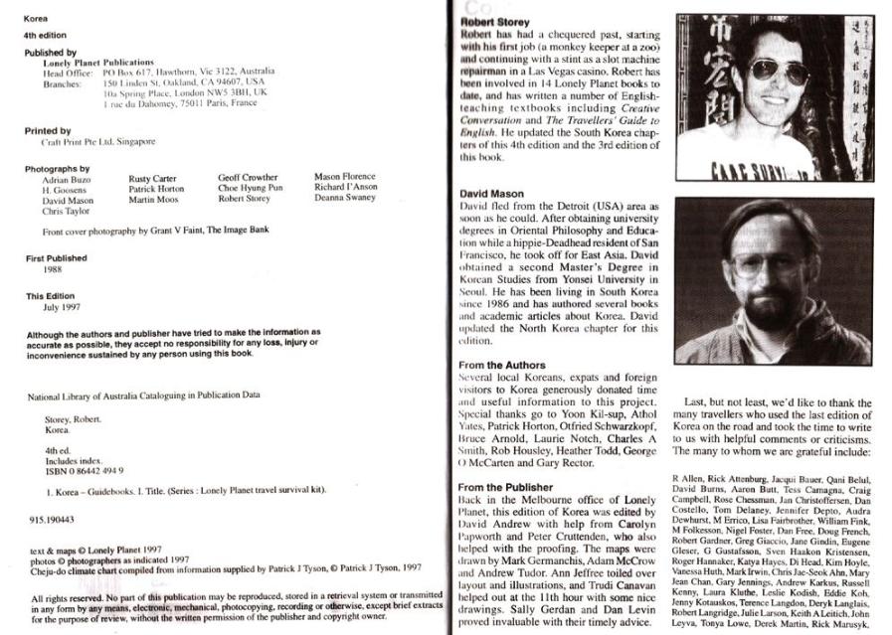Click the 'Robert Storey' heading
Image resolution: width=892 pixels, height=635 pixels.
coord(494,22)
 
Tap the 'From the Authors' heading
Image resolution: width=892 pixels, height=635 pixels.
coord(502,366)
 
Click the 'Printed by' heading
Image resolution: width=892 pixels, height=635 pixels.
coord(48,130)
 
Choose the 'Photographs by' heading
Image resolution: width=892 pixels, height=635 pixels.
coord(57,169)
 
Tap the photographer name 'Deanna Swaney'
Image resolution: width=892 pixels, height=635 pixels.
coord(345,198)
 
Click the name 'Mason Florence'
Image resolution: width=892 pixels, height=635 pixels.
coord(345,178)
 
